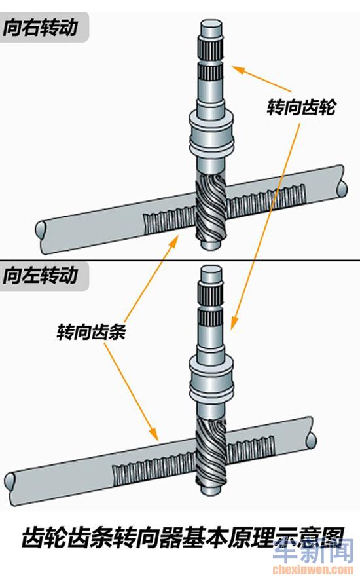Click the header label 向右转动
pos(40,28)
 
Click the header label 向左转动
pos(40,275)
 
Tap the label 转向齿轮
pos(301,107)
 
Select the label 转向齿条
pos(91,331)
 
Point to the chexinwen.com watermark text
pos(313,569)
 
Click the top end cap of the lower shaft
pos(211,273)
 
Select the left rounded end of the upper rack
pos(39,230)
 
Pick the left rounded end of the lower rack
pos(10,481)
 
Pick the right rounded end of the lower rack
pos(312,441)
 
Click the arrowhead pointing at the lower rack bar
pos(153,434)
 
